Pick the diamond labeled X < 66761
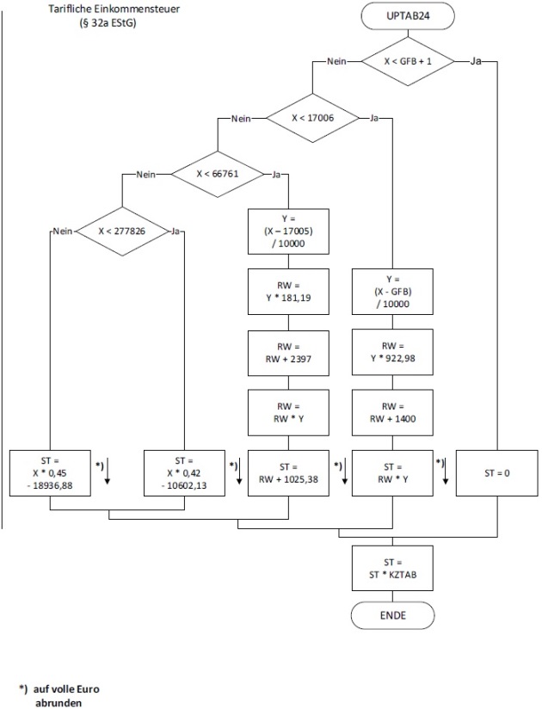tap(218, 174)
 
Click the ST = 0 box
tap(496, 472)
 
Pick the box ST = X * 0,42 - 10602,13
tap(183, 472)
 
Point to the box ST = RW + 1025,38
tap(287, 472)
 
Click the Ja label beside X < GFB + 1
tap(477, 61)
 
